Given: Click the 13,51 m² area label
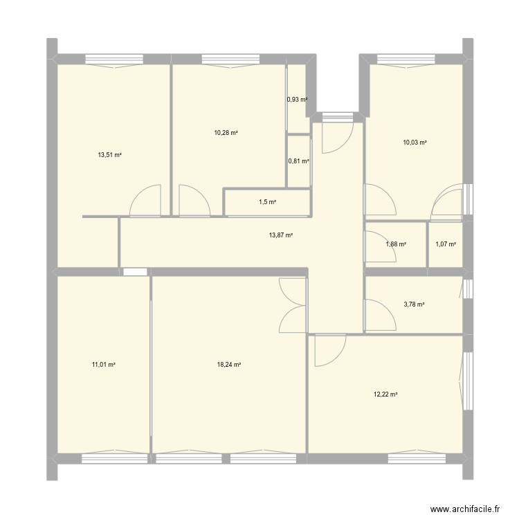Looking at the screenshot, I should tap(110, 155).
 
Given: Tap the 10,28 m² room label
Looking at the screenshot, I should tap(226, 132).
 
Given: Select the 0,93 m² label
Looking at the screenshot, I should tap(298, 100).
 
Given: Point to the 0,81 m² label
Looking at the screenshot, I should tap(298, 161).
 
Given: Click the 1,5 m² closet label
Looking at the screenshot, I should tap(267, 203).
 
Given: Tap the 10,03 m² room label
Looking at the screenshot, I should tap(415, 143).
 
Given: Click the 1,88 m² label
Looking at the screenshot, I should tap(396, 244).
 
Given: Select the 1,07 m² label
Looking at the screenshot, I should tap(446, 244).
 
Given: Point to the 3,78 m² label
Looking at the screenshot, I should tap(414, 304).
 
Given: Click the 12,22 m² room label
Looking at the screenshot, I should tap(385, 394).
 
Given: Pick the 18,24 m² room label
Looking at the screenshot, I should tap(228, 365).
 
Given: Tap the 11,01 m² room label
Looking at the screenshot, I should tap(103, 365).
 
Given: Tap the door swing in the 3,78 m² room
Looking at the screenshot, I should tap(378, 313).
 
